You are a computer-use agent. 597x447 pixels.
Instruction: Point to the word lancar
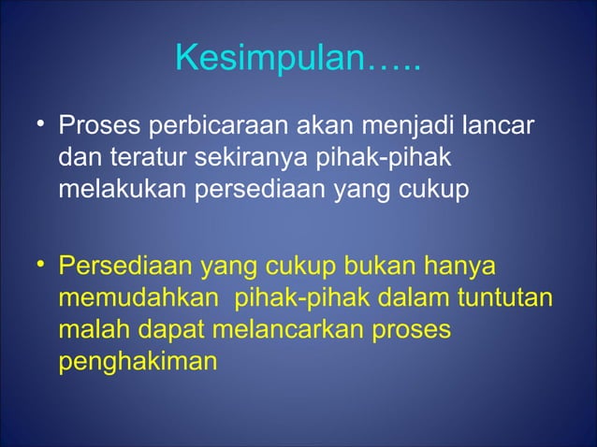(502, 125)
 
